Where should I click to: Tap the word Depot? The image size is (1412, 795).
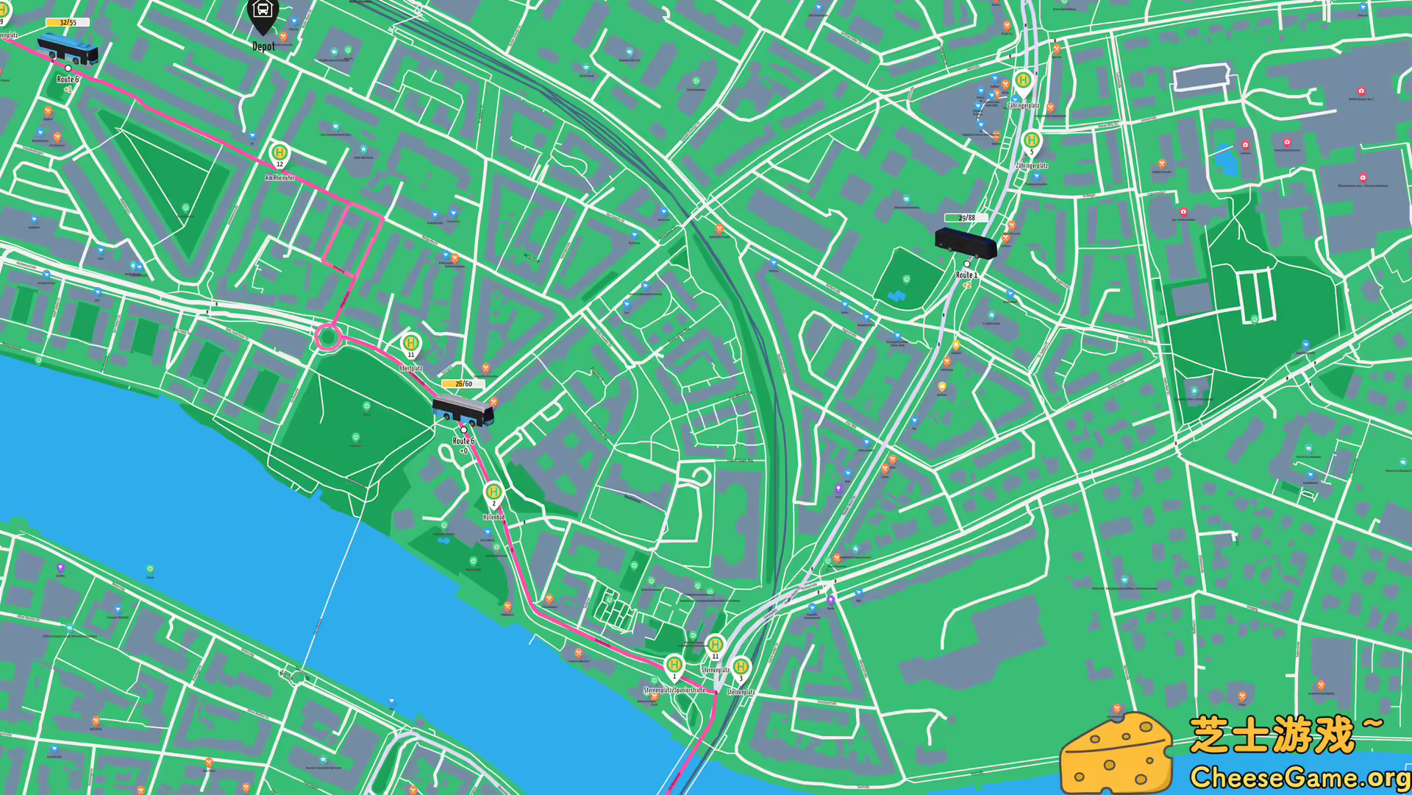[263, 46]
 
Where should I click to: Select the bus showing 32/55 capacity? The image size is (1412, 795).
[68, 49]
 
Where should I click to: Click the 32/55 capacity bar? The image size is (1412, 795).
[68, 23]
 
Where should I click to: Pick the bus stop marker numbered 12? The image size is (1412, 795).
[279, 153]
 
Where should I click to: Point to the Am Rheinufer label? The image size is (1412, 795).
[279, 177]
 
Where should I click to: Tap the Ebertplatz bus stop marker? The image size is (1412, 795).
[411, 343]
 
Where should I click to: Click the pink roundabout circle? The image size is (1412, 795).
[328, 338]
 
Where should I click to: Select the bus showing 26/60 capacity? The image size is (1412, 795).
[463, 410]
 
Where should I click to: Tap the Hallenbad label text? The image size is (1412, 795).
[493, 517]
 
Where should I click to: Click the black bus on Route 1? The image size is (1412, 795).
[966, 241]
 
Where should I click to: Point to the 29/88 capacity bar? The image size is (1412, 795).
[966, 218]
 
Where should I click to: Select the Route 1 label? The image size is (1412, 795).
[966, 275]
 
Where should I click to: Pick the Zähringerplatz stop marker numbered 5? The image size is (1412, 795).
[1032, 141]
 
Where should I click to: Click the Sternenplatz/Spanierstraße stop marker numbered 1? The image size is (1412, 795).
[674, 665]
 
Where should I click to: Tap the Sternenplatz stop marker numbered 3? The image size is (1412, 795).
[741, 668]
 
